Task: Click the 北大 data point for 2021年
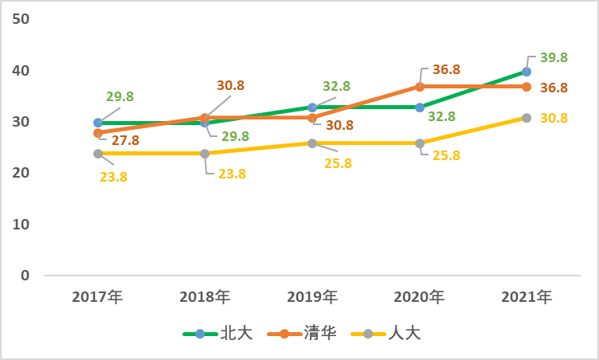[527, 72]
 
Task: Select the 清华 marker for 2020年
[419, 87]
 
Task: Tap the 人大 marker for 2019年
[312, 143]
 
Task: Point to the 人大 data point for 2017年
[98, 154]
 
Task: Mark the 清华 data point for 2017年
[98, 133]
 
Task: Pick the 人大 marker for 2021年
[527, 118]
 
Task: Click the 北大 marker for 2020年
[419, 108]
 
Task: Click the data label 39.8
[553, 57]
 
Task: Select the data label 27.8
[125, 140]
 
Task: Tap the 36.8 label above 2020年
[446, 69]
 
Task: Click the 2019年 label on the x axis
[312, 297]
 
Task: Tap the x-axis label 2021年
[527, 297]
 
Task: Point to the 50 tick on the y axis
[21, 19]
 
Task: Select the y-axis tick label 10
[21, 224]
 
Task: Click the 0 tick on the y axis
[25, 276]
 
